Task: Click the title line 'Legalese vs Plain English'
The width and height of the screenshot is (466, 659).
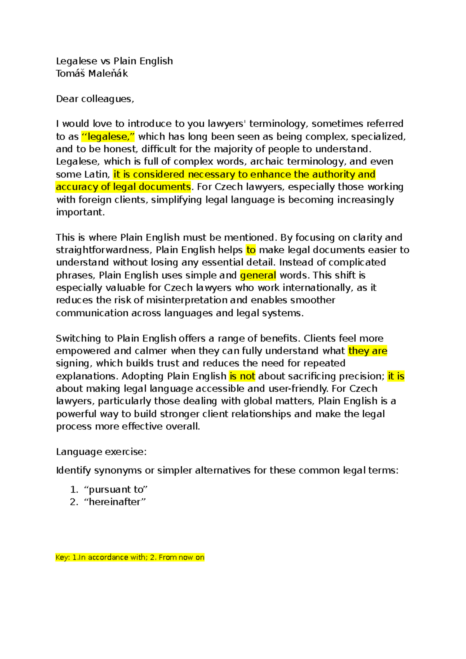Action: point(114,61)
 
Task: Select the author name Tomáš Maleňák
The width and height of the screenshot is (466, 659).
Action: point(92,73)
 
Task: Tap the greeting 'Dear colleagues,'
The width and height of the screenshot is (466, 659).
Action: point(95,99)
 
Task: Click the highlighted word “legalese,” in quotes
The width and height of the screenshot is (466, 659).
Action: point(108,136)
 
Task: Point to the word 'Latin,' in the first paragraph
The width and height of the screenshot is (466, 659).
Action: point(97,174)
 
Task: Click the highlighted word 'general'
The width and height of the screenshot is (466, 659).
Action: point(258,275)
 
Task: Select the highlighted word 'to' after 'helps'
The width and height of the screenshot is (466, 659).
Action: point(251,250)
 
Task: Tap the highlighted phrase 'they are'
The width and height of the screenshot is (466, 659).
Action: point(368,351)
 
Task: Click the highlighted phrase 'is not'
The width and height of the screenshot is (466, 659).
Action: point(242,376)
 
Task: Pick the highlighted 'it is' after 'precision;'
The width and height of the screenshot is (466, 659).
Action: point(396,376)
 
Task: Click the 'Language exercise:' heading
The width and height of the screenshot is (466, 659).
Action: point(101,452)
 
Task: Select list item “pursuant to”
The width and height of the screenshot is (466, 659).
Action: point(116,489)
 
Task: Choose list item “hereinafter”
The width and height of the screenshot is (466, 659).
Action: point(115,502)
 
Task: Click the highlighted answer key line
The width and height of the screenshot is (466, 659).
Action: point(130,557)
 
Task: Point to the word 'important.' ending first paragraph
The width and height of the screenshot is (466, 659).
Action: point(80,212)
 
